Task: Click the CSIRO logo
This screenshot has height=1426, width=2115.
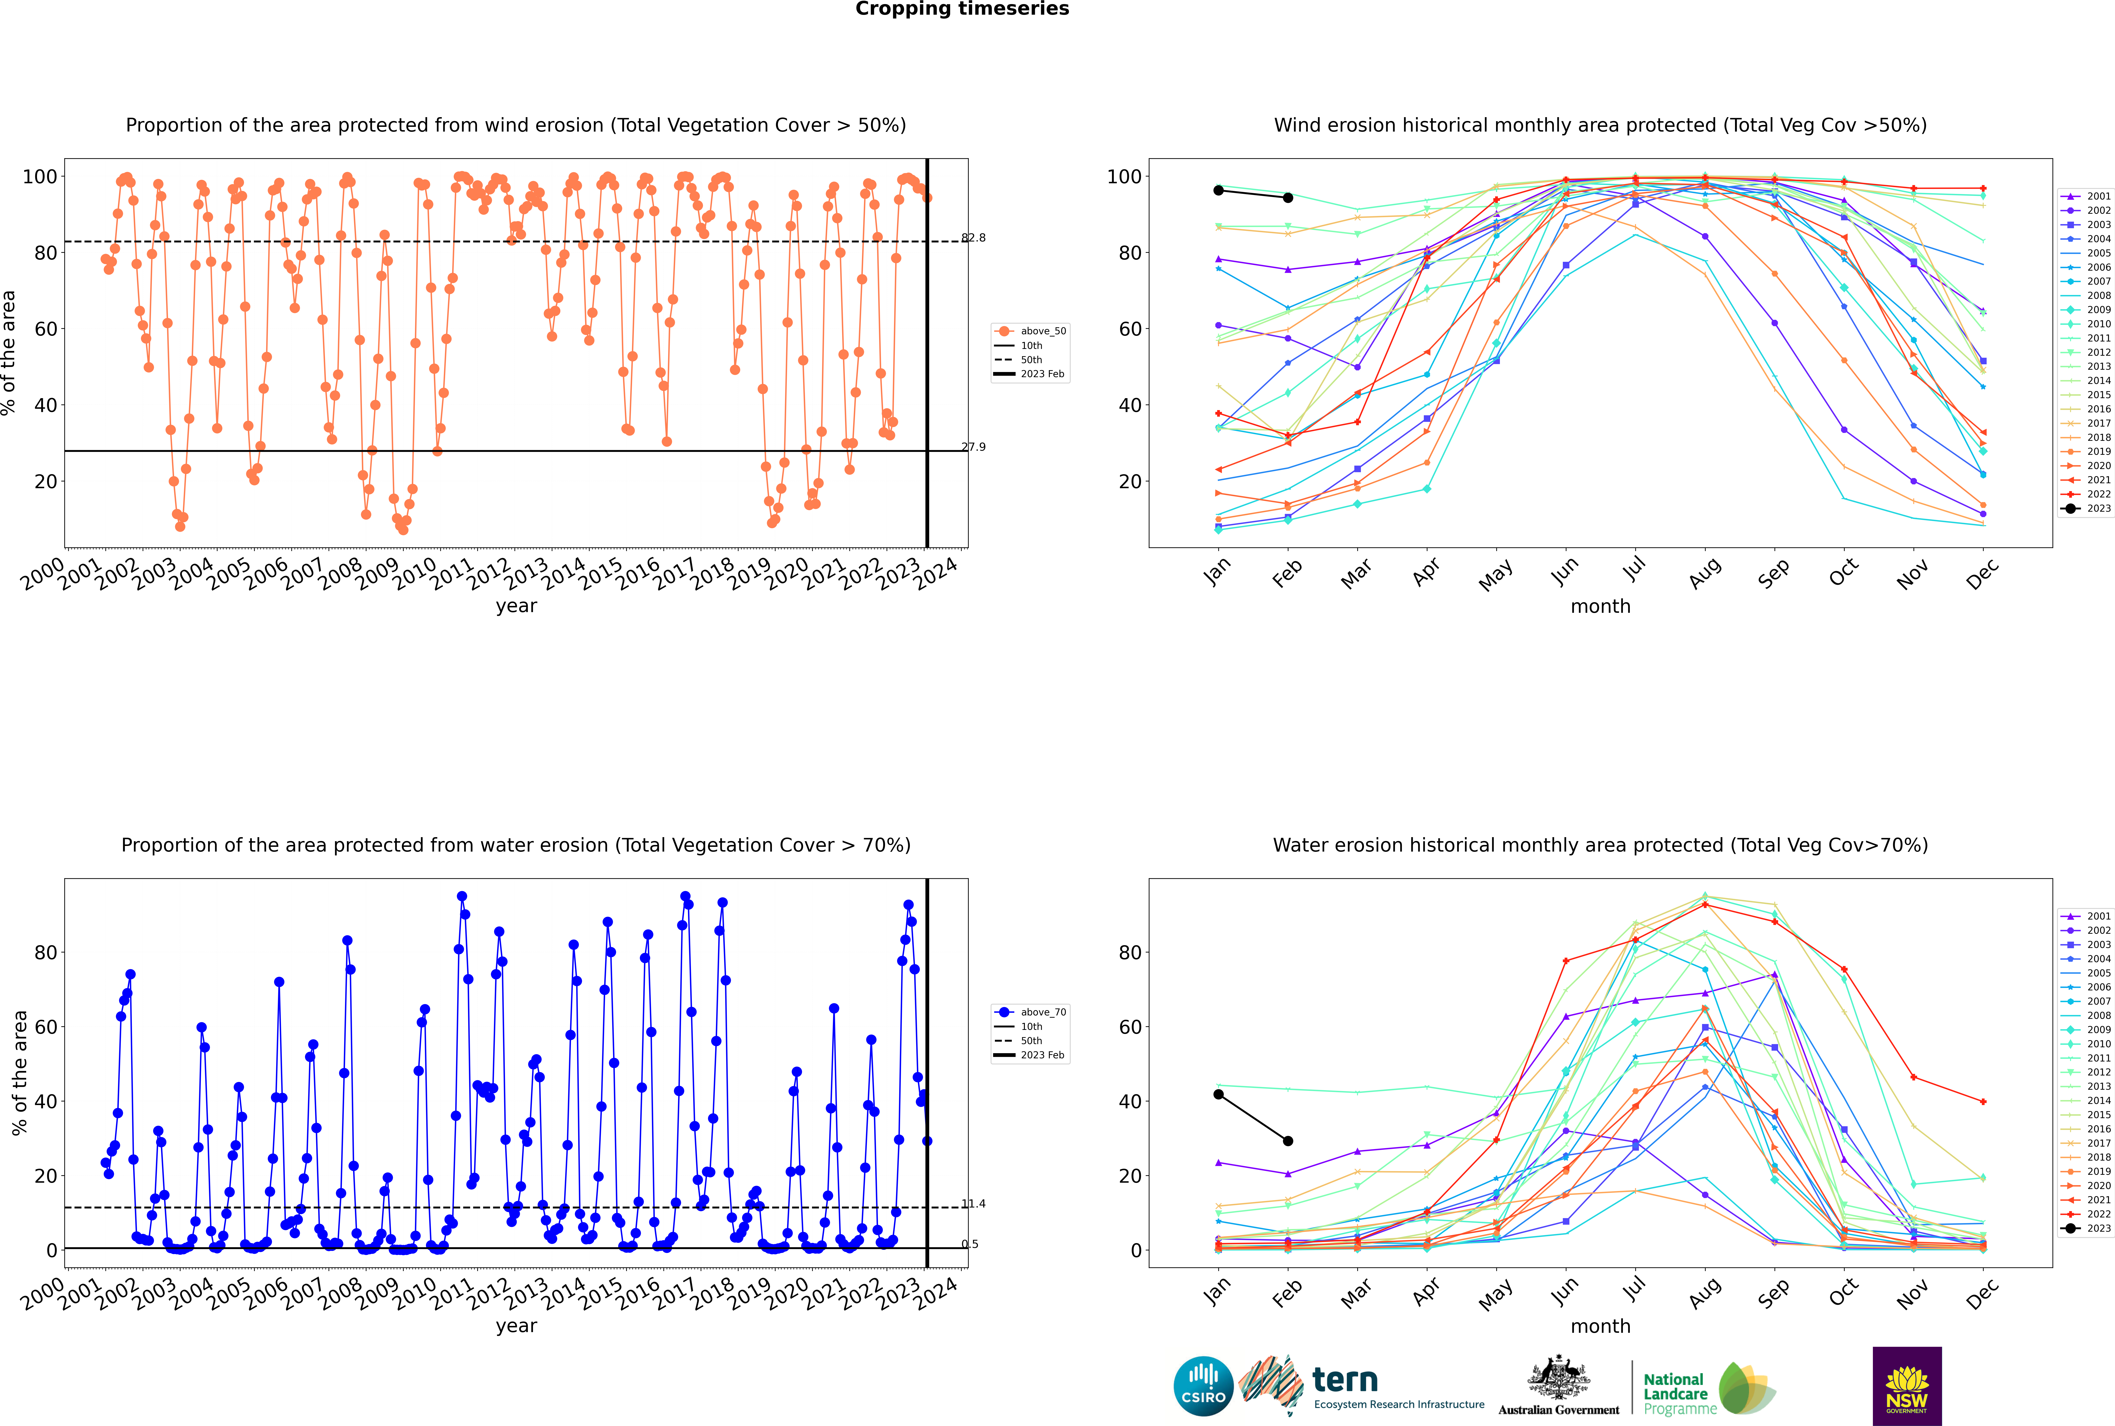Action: tap(1203, 1386)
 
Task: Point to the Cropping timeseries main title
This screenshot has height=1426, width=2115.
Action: tap(962, 9)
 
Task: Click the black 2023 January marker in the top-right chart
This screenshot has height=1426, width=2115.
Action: tap(1218, 190)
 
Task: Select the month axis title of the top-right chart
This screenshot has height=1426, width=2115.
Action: tap(1600, 607)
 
